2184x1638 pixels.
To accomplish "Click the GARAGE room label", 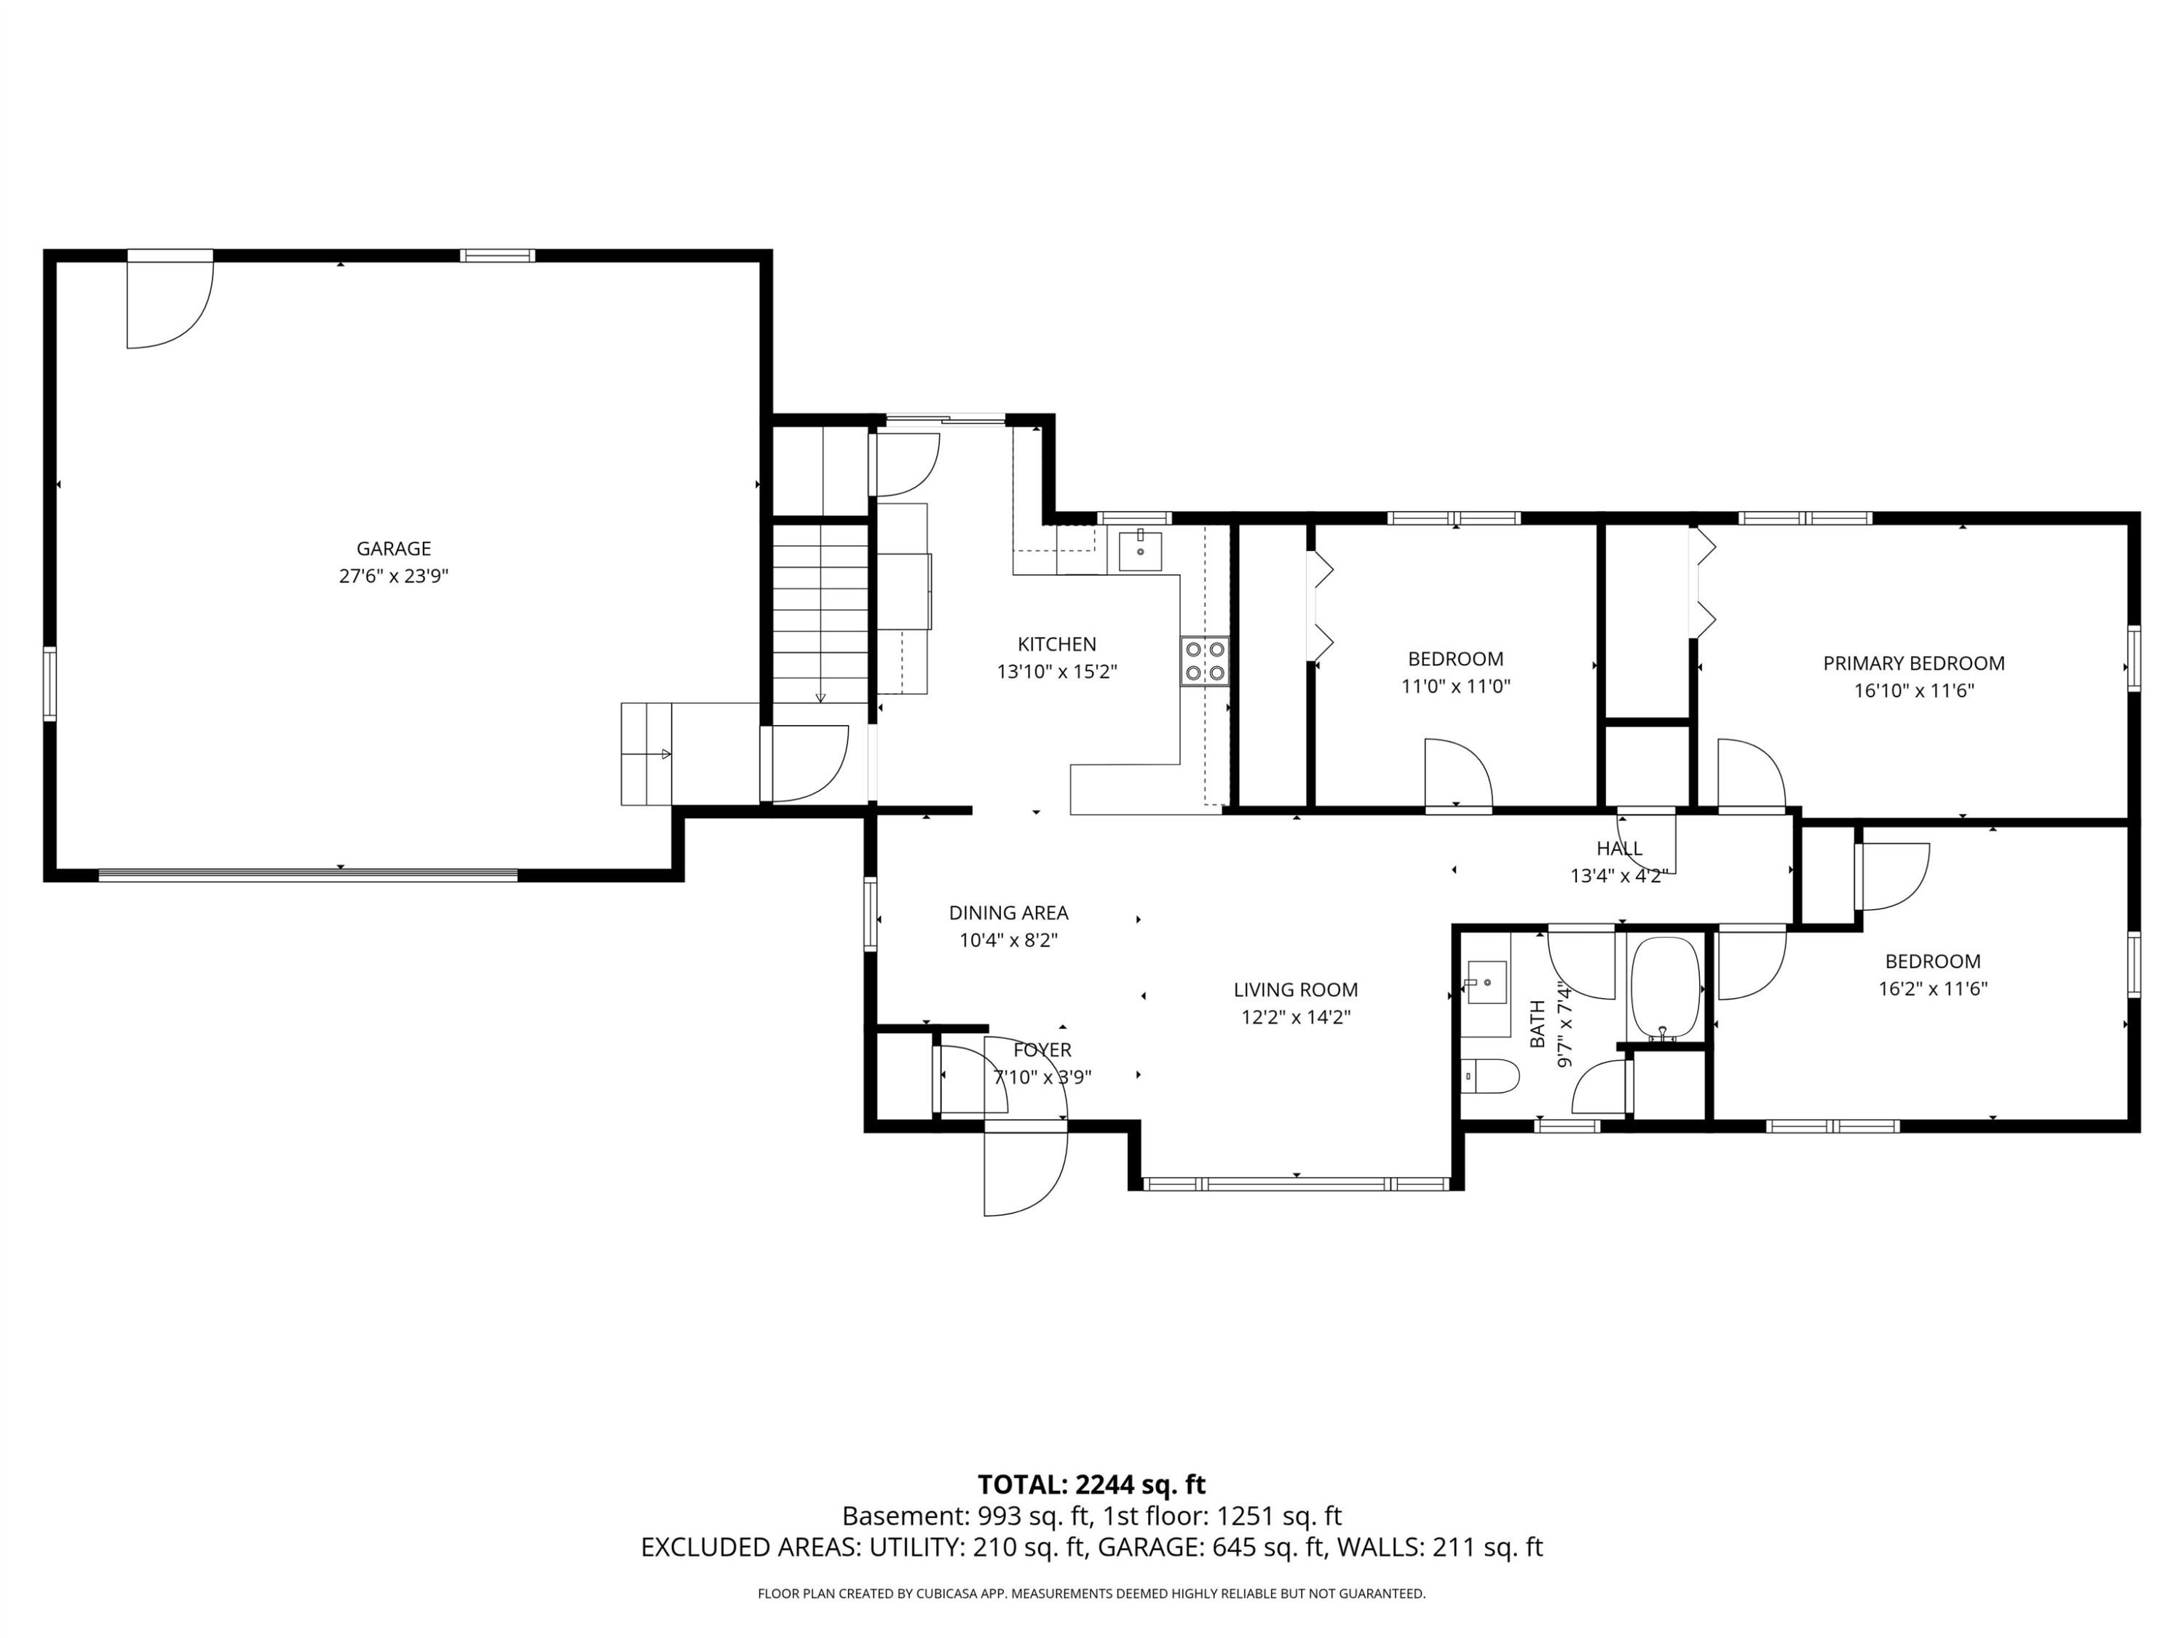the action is [x=394, y=549].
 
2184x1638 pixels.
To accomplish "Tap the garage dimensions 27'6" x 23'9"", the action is [x=394, y=577].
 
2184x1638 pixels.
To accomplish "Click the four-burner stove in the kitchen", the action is [x=1206, y=662].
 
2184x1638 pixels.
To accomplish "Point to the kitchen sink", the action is [x=1140, y=550].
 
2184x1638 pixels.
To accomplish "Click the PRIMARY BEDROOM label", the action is [x=1913, y=663].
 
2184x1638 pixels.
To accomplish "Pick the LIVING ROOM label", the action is [x=1295, y=990].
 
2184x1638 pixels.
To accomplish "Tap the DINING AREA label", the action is [x=1008, y=914].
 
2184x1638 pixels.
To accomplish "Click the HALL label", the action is [x=1619, y=848].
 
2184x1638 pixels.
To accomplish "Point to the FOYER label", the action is [x=1042, y=1051].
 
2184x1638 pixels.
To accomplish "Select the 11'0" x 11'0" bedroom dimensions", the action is [x=1455, y=687].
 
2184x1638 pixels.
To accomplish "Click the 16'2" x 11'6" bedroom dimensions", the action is [x=1932, y=989].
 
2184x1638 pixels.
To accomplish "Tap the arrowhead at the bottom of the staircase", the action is [x=820, y=698].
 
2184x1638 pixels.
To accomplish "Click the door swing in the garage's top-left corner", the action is [x=170, y=305].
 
